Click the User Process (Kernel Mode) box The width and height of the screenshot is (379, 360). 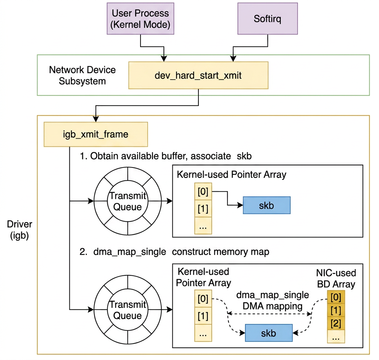tap(141, 19)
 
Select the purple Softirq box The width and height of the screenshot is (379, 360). tap(267, 19)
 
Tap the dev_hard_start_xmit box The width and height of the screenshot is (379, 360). tap(198, 75)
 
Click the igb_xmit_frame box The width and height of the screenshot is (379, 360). tap(95, 134)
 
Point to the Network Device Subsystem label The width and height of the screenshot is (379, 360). tap(82, 75)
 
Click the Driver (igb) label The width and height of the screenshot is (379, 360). tap(20, 230)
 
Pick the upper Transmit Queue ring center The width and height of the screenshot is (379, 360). tap(128, 201)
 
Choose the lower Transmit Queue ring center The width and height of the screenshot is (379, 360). tap(128, 310)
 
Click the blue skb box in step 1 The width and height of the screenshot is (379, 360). tap(266, 205)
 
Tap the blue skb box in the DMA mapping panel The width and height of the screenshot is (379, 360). tap(269, 333)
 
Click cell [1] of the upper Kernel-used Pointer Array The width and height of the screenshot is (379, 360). tap(203, 208)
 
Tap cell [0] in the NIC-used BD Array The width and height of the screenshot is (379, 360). tap(336, 297)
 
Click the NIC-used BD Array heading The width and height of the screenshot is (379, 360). tap(336, 279)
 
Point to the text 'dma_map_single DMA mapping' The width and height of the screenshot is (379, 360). tap(272, 300)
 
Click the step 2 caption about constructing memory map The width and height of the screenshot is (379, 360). tap(174, 252)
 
